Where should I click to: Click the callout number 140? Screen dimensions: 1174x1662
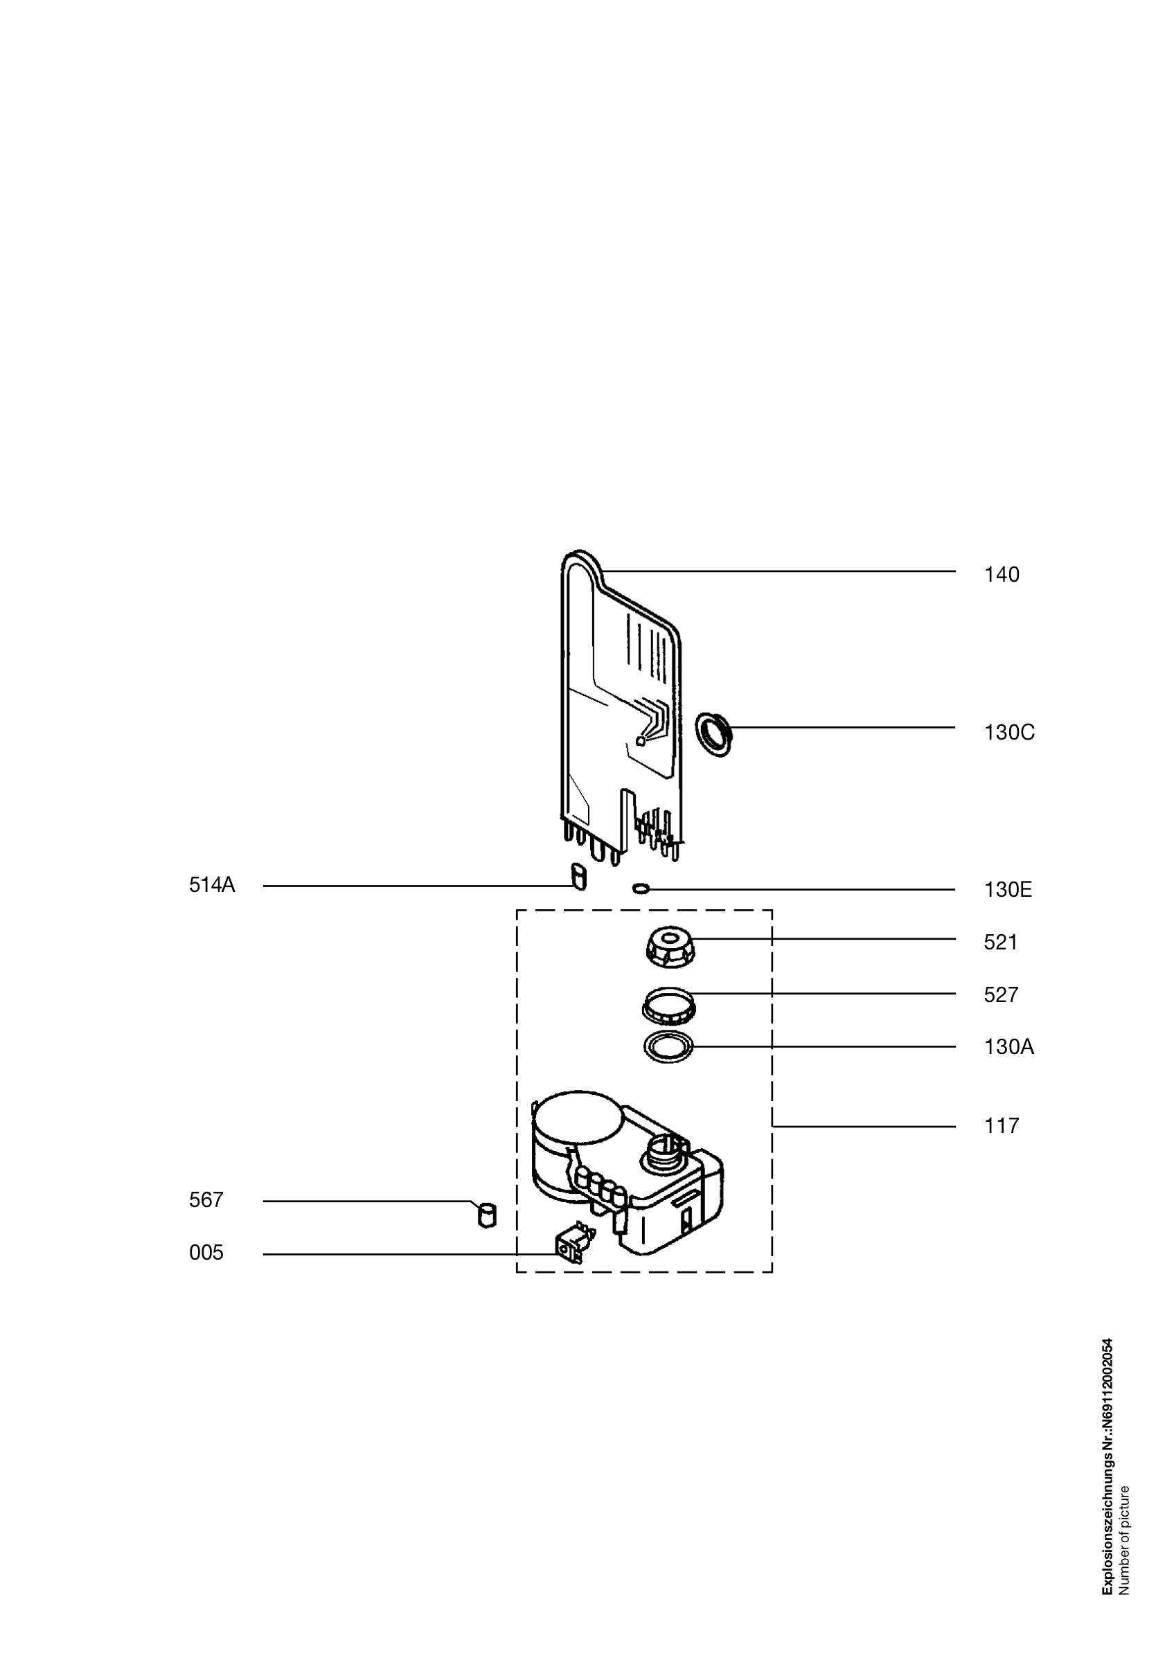pyautogui.click(x=1001, y=575)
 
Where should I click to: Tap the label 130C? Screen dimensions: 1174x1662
pyautogui.click(x=1009, y=733)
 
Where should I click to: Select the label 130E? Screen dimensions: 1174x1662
pyautogui.click(x=1008, y=890)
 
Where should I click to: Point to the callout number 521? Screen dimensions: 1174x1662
pyautogui.click(x=1000, y=942)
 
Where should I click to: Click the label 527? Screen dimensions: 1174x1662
pyautogui.click(x=1001, y=995)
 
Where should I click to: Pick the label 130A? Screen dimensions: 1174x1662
pyautogui.click(x=1009, y=1048)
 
